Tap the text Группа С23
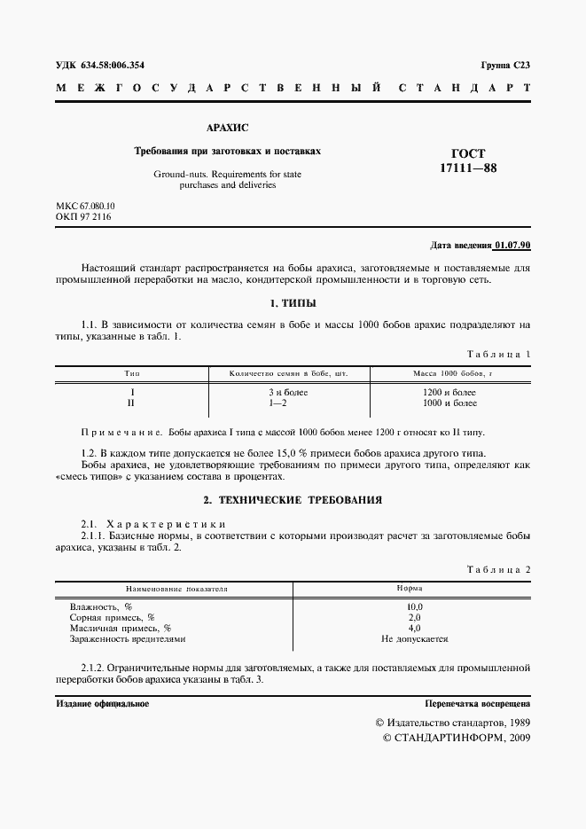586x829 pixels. [505, 66]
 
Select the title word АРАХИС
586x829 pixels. [227, 128]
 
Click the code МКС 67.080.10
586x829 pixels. [85, 206]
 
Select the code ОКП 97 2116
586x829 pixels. [79, 217]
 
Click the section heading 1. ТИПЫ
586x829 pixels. [293, 304]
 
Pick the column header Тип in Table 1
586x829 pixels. [132, 373]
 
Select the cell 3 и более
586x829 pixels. [287, 392]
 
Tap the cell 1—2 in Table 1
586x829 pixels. [287, 403]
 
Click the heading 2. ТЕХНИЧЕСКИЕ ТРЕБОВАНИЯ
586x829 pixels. [293, 499]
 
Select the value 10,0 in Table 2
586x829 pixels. [414, 606]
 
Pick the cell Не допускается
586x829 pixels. [414, 638]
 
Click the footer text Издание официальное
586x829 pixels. [102, 703]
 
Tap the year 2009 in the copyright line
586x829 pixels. [515, 738]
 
